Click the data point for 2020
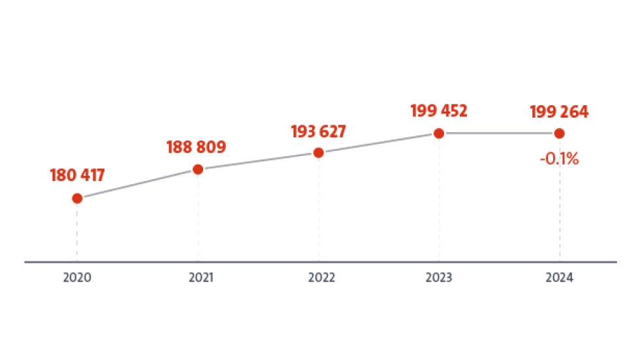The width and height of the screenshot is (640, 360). (77, 198)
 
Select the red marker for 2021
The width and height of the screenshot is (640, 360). (198, 169)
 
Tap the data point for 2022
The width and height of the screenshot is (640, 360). (319, 153)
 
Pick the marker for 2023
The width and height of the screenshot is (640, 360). (439, 133)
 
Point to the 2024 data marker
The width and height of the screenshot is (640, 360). (560, 133)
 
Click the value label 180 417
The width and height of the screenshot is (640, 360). (77, 175)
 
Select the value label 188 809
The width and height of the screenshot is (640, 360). (197, 146)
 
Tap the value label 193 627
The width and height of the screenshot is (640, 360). (318, 131)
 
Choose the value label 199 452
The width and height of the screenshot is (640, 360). (439, 110)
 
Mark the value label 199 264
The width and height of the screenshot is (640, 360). (560, 112)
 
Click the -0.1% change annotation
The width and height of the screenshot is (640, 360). (560, 159)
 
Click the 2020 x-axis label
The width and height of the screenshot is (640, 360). (77, 278)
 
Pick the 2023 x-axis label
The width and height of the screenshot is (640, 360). (439, 278)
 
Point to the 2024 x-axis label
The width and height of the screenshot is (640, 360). (560, 278)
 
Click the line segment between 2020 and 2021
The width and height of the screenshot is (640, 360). (137, 184)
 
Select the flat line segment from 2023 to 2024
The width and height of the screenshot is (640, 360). (500, 133)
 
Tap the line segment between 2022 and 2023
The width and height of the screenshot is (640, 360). (379, 143)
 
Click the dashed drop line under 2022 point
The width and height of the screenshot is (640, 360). (319, 209)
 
